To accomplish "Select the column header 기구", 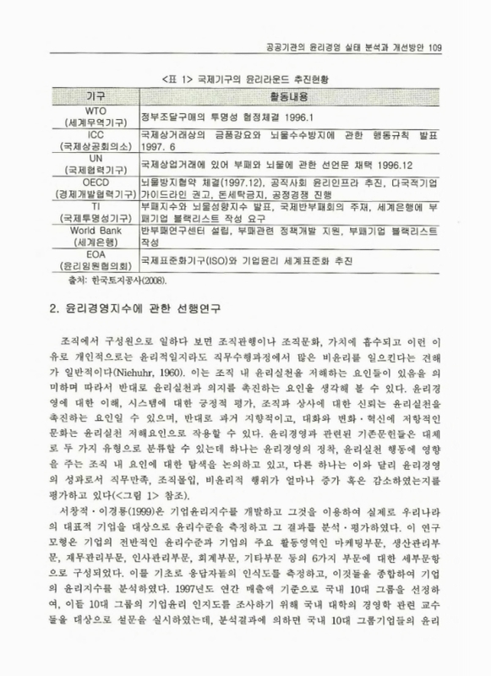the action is [x=95, y=97].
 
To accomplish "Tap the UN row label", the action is [x=95, y=157].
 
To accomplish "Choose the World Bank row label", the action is [x=95, y=228].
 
